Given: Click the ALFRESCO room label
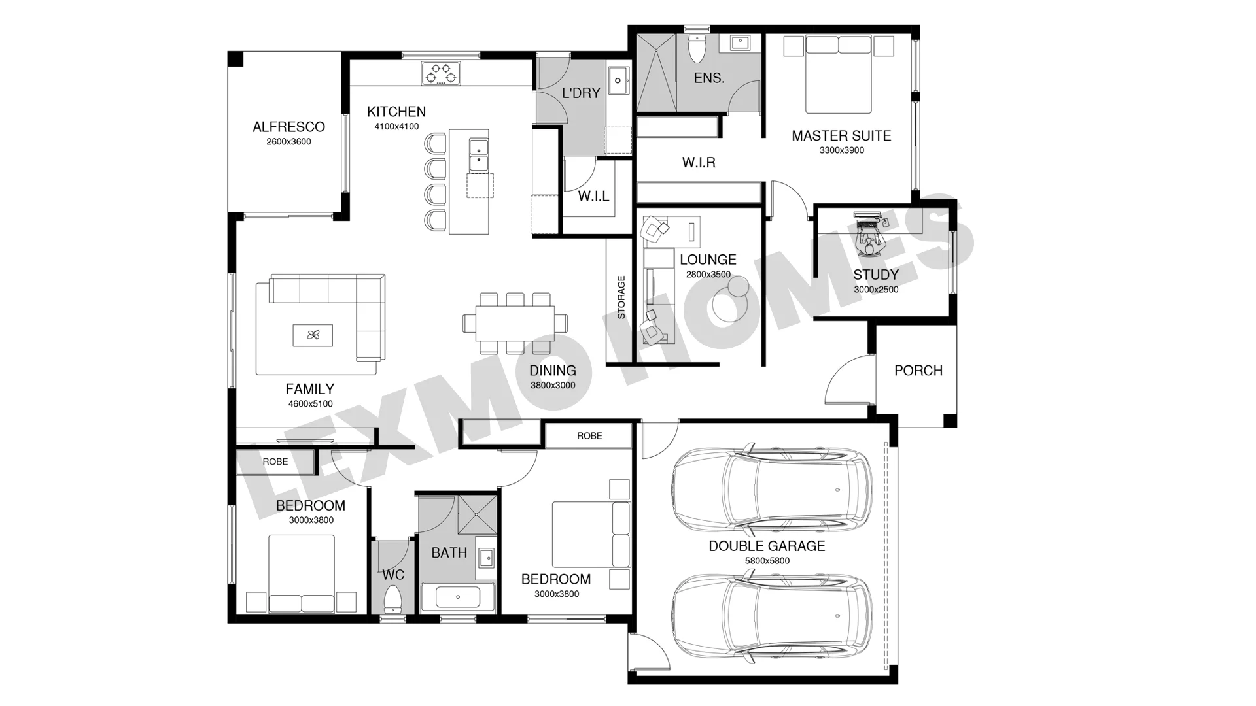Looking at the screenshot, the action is point(288,127).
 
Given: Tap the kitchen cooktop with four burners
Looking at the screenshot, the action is point(440,73).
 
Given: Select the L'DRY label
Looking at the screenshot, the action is point(581,93).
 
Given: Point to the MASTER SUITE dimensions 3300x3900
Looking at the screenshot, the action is point(841,150).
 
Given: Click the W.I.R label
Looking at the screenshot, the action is point(699,162).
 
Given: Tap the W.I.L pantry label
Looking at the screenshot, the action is point(593,195).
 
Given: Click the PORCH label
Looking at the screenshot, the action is point(918,371).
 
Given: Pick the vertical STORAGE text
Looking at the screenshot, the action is point(621,297).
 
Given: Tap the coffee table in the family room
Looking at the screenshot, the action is point(313,335).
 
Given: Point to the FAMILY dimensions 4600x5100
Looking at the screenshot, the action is point(310,404).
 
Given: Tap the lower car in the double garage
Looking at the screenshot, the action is point(772,616).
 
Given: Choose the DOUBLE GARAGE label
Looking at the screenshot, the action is point(767,546).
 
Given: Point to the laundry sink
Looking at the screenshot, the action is point(618,81).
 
